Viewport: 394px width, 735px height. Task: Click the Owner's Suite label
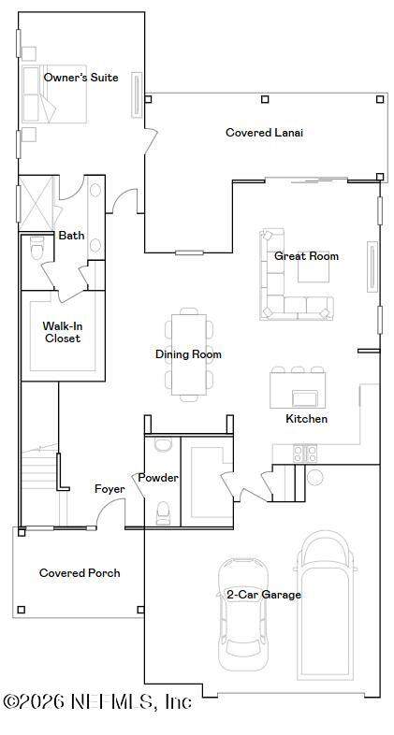[80, 78]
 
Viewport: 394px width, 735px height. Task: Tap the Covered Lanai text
[265, 132]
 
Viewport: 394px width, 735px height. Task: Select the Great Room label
[306, 256]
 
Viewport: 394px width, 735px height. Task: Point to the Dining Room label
[188, 353]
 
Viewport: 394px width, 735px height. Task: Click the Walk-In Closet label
[63, 332]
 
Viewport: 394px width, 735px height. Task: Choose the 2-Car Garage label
[264, 595]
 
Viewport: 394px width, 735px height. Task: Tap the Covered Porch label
[80, 573]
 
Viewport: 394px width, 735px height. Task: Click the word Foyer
[109, 489]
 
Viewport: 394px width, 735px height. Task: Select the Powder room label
[158, 478]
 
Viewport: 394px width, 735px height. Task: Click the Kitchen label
[307, 419]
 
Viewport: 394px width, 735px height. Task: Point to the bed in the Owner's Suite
[54, 94]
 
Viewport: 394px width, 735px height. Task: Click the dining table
[188, 354]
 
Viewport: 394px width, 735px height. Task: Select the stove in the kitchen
[305, 454]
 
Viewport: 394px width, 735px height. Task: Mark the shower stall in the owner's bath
[37, 204]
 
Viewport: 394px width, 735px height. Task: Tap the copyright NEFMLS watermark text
[97, 701]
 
